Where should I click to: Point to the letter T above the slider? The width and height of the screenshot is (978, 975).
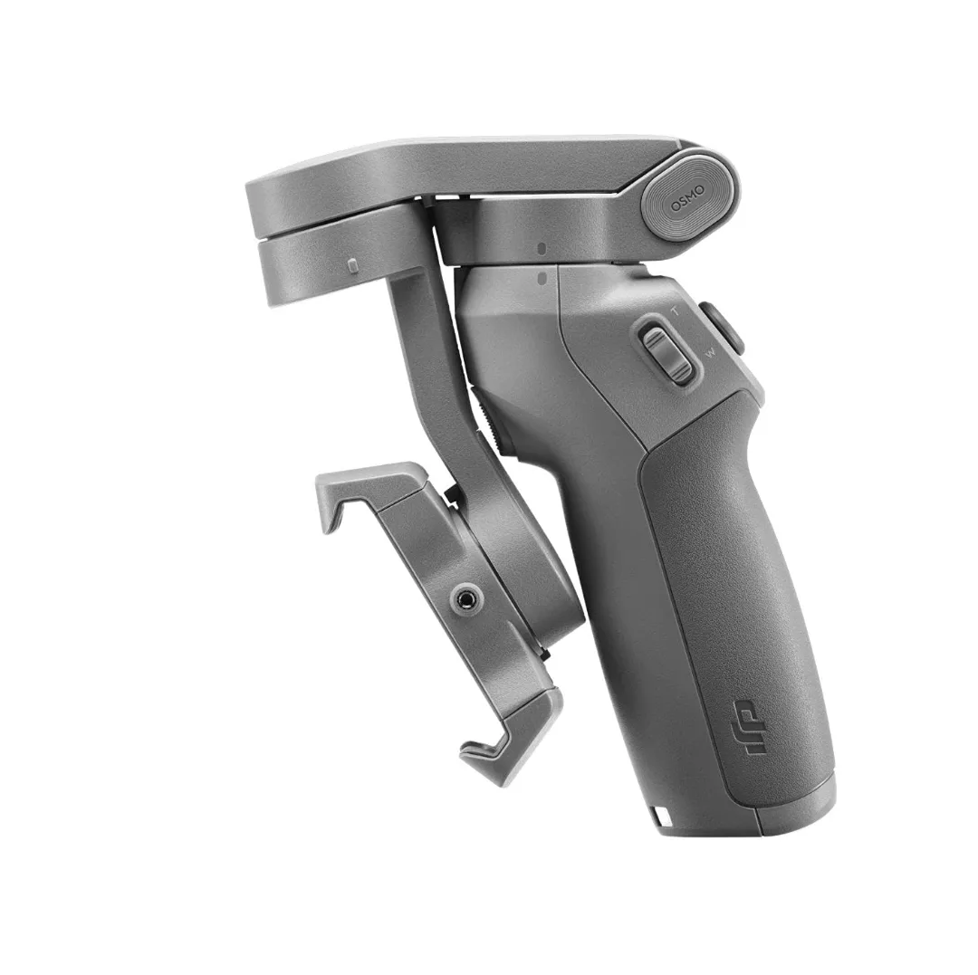pyautogui.click(x=674, y=311)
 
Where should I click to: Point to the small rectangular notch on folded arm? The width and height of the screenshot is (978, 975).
pyautogui.click(x=352, y=265)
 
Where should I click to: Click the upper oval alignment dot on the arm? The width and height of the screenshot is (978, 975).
pyautogui.click(x=541, y=247)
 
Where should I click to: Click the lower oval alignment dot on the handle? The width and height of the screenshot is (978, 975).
pyautogui.click(x=541, y=280)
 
